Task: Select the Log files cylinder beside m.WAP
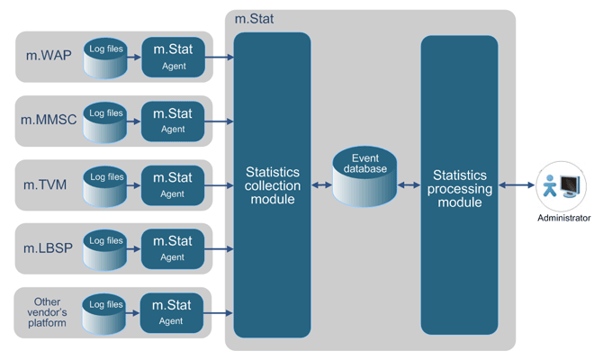[106, 57]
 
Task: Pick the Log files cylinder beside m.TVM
[106, 184]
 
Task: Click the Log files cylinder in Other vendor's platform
[106, 312]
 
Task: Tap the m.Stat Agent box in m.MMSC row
[173, 121]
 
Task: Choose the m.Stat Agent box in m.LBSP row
[173, 248]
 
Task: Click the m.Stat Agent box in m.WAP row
[173, 57]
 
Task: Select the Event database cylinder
[364, 177]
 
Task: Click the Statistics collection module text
[272, 184]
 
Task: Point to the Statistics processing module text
[459, 188]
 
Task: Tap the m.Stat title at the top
[255, 19]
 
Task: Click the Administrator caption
[563, 218]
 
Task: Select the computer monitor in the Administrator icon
[571, 185]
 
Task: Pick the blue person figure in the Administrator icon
[549, 186]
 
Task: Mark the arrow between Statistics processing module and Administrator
[517, 185]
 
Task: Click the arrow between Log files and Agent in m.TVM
[133, 184]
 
